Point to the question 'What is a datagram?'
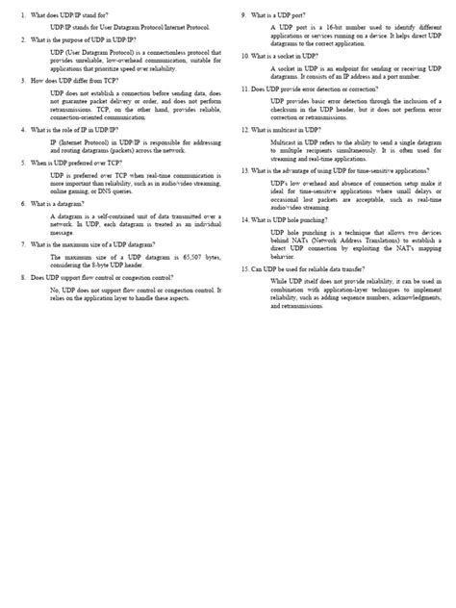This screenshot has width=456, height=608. (x=64, y=204)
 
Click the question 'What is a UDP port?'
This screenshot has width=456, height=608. (x=281, y=16)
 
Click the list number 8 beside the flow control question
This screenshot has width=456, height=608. (x=23, y=277)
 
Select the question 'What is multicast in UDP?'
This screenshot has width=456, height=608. (x=291, y=128)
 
